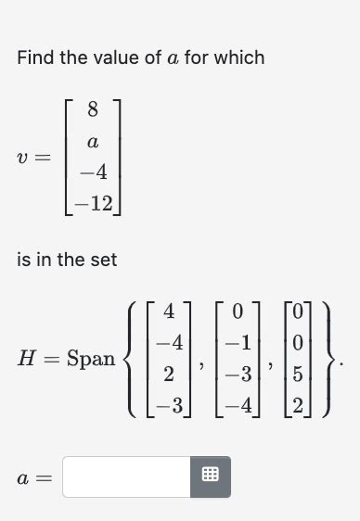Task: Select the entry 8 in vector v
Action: pos(92,110)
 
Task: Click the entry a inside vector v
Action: pos(92,142)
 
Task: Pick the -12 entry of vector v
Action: pos(92,201)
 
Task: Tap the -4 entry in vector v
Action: pos(92,172)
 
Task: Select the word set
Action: pos(103,260)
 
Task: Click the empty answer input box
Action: pos(127,477)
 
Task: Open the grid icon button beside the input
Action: pos(211,477)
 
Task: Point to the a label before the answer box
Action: pos(24,477)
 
